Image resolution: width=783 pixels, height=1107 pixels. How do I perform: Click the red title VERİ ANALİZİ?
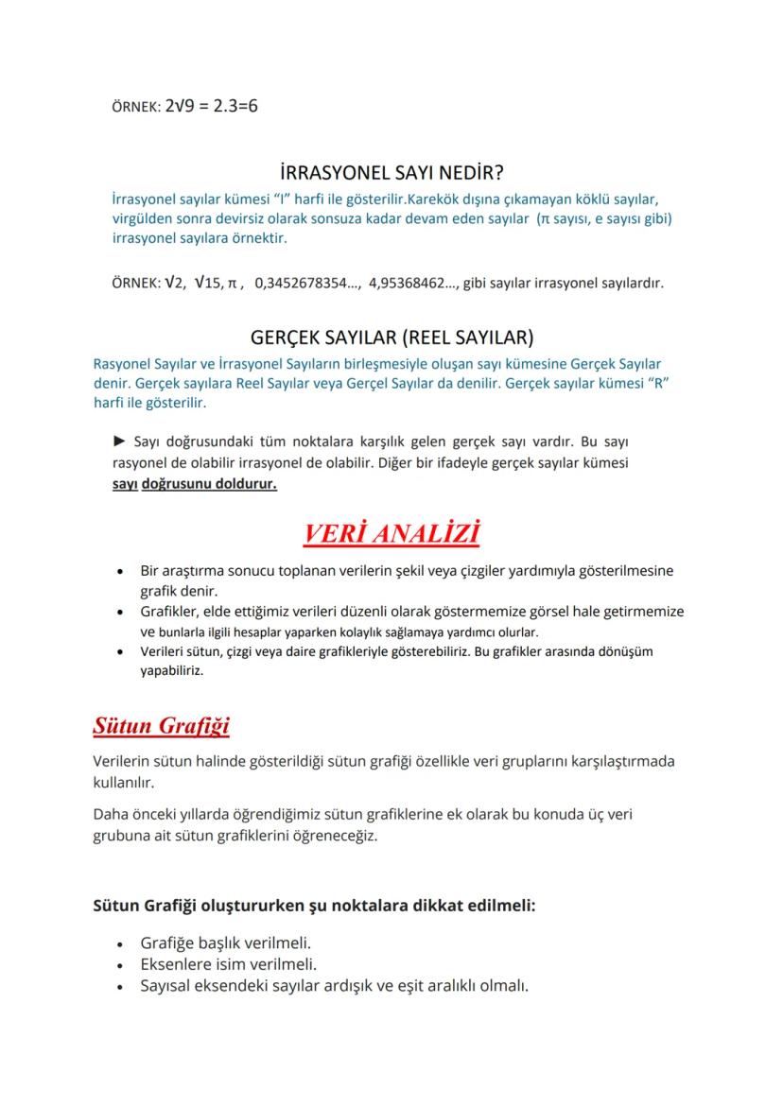click(391, 534)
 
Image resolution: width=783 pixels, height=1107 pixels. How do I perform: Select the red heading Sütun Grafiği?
click(161, 726)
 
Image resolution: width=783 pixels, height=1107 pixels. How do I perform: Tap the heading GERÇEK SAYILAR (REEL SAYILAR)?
click(391, 337)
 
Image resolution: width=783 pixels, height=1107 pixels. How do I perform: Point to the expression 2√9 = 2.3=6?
click(211, 106)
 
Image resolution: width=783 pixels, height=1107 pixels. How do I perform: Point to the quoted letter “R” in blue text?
click(669, 384)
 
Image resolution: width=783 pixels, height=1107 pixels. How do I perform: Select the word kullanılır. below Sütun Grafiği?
click(124, 783)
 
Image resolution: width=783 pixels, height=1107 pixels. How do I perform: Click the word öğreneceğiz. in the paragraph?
click(336, 836)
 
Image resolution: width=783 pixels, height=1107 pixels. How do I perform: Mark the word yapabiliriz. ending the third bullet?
click(172, 672)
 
